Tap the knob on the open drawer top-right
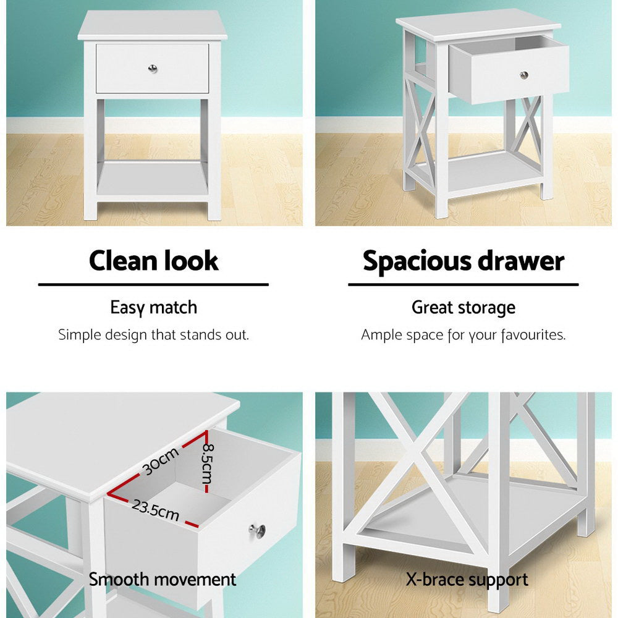524,75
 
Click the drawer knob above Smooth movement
258,530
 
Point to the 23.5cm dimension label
154,510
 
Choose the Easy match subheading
153,307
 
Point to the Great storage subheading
463,307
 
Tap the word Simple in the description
77,336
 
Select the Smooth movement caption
163,580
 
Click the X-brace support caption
467,580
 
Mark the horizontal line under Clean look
153,285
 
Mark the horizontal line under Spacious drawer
463,285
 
